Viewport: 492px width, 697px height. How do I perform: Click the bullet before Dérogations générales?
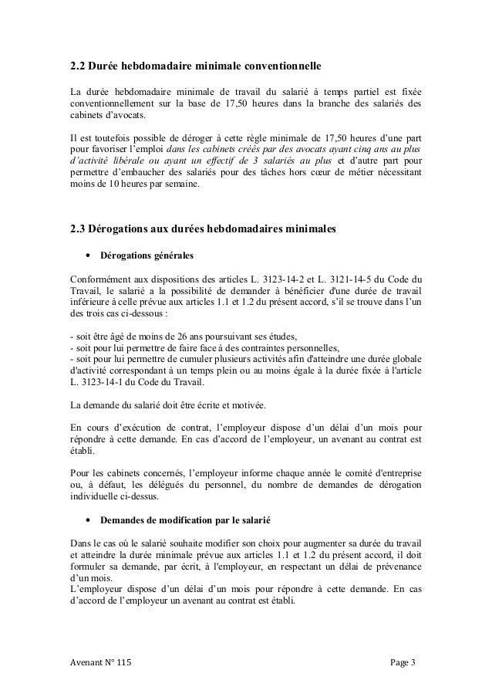click(x=89, y=255)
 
